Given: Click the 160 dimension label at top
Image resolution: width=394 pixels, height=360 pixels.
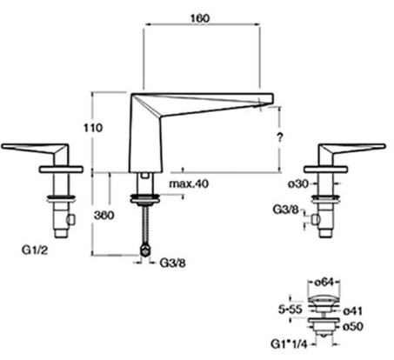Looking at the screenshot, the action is pyautogui.click(x=200, y=18).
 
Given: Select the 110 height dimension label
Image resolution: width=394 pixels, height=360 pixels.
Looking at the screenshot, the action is pyautogui.click(x=93, y=128).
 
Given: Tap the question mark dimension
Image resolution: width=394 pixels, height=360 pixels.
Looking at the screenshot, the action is pyautogui.click(x=279, y=137).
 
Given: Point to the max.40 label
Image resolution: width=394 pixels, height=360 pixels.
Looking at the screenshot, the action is pyautogui.click(x=189, y=183).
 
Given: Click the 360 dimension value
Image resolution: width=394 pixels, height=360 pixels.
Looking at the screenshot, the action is pyautogui.click(x=104, y=216).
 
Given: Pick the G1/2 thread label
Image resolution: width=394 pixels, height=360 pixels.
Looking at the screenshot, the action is pyautogui.click(x=35, y=250).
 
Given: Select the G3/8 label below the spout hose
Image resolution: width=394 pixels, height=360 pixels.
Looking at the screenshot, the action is pyautogui.click(x=173, y=263).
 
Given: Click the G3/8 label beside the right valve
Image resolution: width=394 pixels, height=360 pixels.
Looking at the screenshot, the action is pyautogui.click(x=285, y=210).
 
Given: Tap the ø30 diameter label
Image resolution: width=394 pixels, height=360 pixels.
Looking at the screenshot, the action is pyautogui.click(x=297, y=183).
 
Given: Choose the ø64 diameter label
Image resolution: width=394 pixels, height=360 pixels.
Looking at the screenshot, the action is pyautogui.click(x=324, y=282).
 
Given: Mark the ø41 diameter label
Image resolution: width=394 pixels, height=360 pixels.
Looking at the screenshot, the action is pyautogui.click(x=352, y=311).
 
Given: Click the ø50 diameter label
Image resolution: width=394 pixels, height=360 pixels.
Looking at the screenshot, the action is pyautogui.click(x=353, y=327).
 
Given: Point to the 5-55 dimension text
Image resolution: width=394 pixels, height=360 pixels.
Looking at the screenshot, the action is pyautogui.click(x=290, y=310).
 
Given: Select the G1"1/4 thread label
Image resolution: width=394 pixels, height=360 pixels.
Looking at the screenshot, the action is pyautogui.click(x=289, y=344).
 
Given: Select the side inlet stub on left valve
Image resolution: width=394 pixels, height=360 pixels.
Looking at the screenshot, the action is pyautogui.click(x=70, y=219).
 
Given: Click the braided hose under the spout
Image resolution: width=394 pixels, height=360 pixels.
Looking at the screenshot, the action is pyautogui.click(x=145, y=227).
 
